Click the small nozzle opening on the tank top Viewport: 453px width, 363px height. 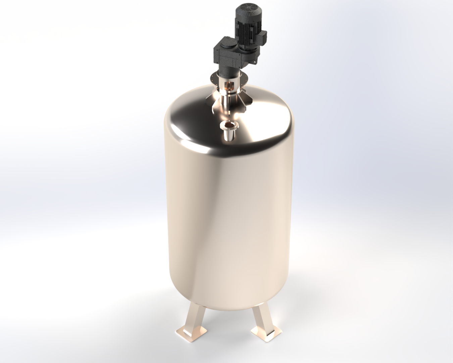tap(229, 125)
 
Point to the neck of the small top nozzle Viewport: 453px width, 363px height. tap(229, 134)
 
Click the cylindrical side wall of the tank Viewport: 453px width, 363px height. tap(228, 218)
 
